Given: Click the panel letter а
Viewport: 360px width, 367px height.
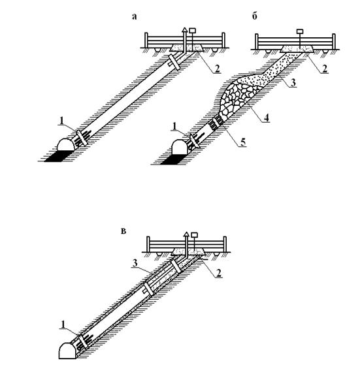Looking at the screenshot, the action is click(134, 16).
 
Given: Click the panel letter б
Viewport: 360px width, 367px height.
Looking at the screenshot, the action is click(255, 16).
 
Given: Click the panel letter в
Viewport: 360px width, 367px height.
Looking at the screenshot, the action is click(123, 231).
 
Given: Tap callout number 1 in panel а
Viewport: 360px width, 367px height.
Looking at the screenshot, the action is click(61, 121).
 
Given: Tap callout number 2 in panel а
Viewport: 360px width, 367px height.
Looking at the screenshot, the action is click(217, 69).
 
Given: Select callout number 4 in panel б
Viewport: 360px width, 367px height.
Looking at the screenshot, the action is click(267, 118).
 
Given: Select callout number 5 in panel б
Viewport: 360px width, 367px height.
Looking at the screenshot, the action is click(243, 142).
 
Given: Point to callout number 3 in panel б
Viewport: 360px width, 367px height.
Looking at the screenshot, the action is click(293, 83).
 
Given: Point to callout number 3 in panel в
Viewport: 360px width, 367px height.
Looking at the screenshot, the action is click(135, 264).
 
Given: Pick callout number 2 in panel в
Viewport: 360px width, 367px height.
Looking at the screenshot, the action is click(218, 274).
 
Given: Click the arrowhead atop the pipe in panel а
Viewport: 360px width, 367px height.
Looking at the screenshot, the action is click(185, 29).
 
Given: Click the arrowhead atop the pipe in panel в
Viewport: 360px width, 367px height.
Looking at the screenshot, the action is click(186, 233).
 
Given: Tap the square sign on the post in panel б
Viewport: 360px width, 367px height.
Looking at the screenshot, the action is click(300, 31).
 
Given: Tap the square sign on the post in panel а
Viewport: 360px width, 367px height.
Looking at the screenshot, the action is click(193, 31).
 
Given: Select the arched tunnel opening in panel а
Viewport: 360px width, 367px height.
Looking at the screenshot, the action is click(66, 145).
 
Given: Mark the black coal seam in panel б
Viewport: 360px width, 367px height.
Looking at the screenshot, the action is click(171, 159).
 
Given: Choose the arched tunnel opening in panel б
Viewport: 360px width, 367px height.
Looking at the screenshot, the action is click(180, 147).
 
